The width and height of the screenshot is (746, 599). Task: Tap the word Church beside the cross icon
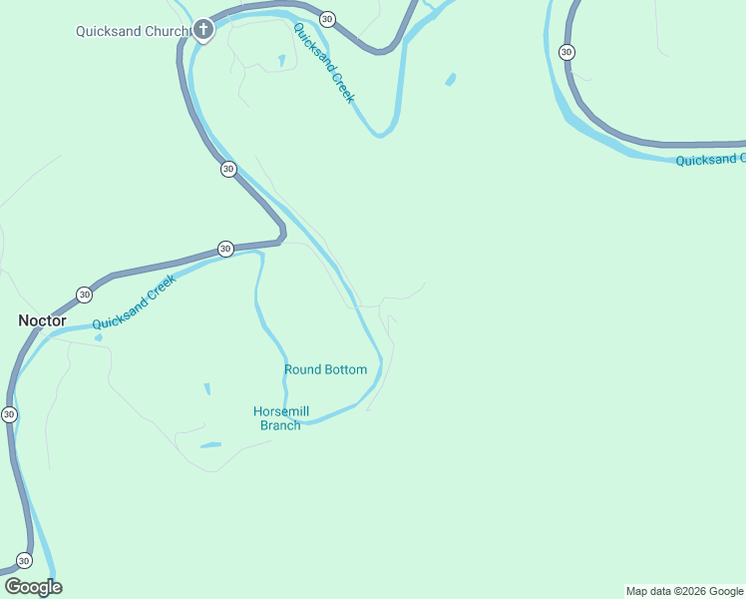[164, 31]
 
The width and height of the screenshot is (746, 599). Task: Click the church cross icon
[203, 30]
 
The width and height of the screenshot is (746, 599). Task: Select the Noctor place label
[42, 320]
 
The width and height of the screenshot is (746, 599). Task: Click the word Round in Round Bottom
[303, 369]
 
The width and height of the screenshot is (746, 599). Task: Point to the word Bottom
[345, 369]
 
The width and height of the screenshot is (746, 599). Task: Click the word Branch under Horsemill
[280, 425]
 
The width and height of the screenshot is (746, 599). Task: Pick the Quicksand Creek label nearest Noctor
[134, 303]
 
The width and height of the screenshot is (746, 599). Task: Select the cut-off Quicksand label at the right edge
[709, 160]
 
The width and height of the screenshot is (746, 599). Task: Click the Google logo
[33, 587]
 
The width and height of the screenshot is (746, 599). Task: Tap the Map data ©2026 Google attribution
[684, 591]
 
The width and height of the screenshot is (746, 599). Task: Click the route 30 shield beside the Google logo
[24, 561]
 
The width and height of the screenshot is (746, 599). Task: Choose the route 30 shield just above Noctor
[84, 295]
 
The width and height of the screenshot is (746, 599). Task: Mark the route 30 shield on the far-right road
[566, 52]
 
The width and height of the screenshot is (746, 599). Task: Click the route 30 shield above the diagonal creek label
[327, 19]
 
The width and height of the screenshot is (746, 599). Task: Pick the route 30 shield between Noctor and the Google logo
[9, 413]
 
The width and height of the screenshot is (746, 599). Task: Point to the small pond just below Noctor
[98, 337]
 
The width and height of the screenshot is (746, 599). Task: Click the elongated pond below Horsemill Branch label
[210, 445]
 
